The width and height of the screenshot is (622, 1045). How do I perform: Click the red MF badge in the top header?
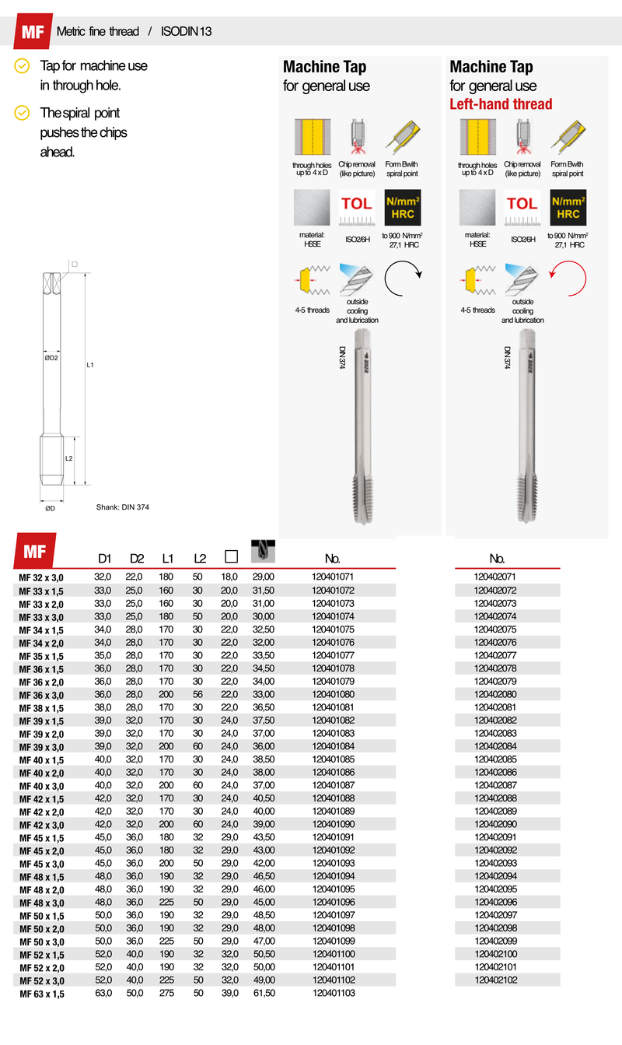click(31, 32)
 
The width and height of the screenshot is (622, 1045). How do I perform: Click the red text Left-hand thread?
click(501, 104)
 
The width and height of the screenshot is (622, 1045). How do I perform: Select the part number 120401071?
click(333, 577)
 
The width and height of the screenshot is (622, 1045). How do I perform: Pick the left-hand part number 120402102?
click(495, 980)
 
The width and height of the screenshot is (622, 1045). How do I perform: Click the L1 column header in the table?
click(168, 558)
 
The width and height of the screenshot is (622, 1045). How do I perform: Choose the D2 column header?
click(137, 558)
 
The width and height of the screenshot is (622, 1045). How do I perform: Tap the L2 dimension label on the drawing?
click(68, 459)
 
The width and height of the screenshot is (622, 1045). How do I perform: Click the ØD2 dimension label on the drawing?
click(51, 359)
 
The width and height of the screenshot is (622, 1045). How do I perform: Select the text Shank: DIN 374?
click(122, 507)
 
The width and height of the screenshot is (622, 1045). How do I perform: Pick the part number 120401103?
click(333, 994)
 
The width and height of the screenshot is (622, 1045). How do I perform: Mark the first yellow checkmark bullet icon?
click(23, 66)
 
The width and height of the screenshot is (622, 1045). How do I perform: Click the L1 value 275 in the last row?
click(167, 994)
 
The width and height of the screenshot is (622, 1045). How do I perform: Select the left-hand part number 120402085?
click(495, 759)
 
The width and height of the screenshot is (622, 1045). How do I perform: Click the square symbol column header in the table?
click(230, 557)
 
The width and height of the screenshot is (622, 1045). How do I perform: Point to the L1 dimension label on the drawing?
click(90, 364)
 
